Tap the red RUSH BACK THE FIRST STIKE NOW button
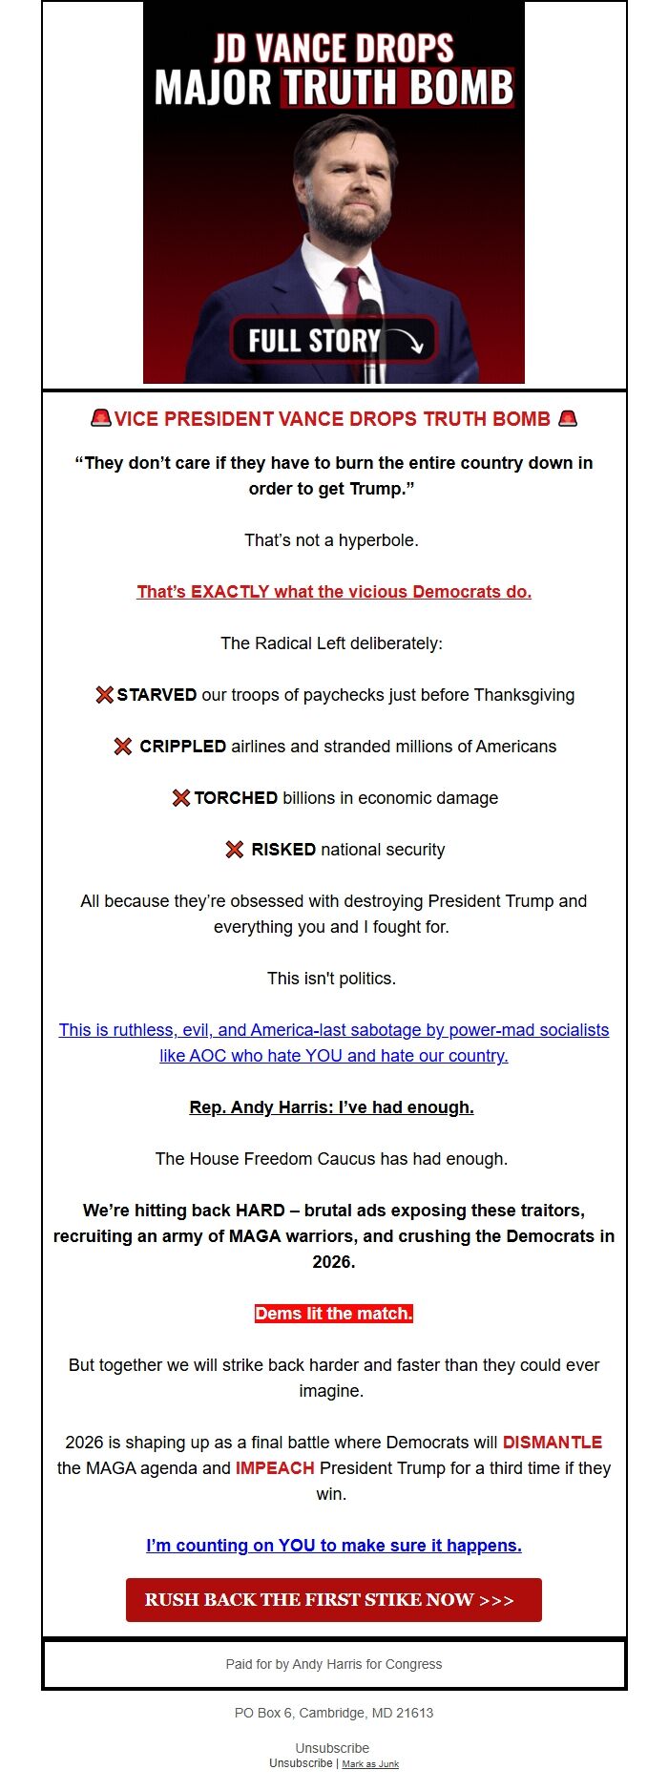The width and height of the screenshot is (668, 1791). coord(333,1599)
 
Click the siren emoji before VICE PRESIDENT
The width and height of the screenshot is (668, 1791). coord(100,418)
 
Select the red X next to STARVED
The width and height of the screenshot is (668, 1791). coord(104,694)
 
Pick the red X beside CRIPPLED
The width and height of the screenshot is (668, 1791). coord(123,746)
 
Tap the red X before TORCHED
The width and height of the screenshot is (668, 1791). coord(180,797)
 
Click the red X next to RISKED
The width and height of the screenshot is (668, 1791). coord(234,849)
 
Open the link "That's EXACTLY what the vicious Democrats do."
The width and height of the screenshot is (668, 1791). coord(334,591)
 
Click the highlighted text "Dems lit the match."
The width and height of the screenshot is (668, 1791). coord(334,1313)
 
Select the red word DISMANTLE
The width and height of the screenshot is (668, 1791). coord(553,1442)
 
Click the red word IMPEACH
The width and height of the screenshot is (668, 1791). coord(275,1467)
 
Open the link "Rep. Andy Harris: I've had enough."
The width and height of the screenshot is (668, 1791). coord(332,1106)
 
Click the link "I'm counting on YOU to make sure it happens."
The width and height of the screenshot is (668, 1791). coord(334,1545)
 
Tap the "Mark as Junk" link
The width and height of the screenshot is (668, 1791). coord(370,1763)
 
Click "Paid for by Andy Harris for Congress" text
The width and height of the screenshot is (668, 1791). coord(334,1663)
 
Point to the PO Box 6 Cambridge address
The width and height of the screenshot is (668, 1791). coord(334,1712)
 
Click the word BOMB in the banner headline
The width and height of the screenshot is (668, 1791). coord(462,88)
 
